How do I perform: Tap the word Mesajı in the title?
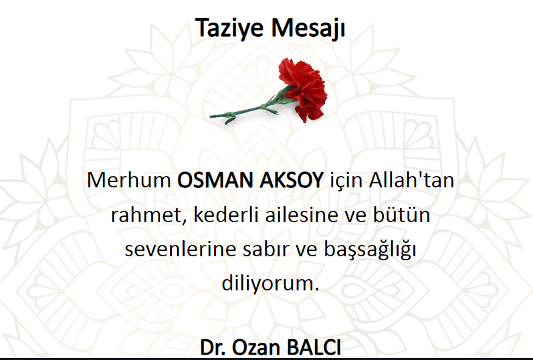pyautogui.click(x=308, y=28)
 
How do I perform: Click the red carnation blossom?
pyautogui.click(x=302, y=89)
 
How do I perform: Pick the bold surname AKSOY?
pyautogui.click(x=292, y=180)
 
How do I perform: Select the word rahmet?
pyautogui.click(x=149, y=215)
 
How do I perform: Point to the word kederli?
pyautogui.click(x=226, y=215)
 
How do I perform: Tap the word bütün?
pyautogui.click(x=402, y=215)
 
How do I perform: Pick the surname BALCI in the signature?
pyautogui.click(x=314, y=347)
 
